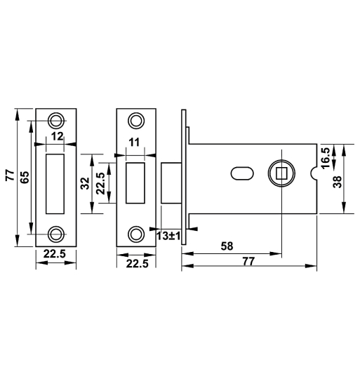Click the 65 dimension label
pos(25,177)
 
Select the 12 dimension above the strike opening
pos(58,136)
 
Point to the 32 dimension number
pos(85,184)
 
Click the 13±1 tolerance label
pos(168,236)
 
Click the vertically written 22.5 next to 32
pos(100,184)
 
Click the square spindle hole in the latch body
pos(281,171)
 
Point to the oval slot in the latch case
pos(240,171)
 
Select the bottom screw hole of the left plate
pos(56,232)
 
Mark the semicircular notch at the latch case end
pos(313,171)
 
